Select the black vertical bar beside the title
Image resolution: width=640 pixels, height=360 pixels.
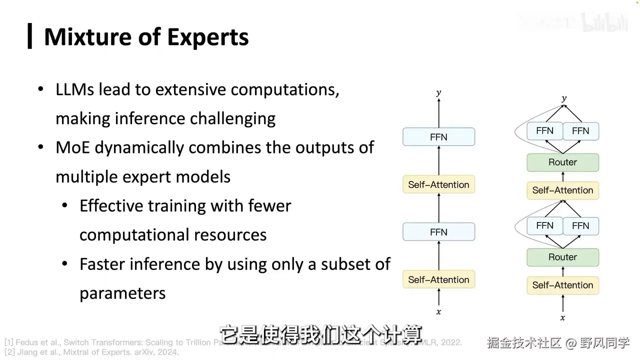[30, 36]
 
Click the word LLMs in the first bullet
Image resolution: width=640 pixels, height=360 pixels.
[74, 89]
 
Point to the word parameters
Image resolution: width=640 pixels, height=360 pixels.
[122, 293]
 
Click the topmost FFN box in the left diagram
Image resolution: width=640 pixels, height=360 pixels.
[438, 137]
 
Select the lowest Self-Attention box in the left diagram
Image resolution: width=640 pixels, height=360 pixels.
[438, 279]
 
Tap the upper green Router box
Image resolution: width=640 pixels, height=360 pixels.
[562, 162]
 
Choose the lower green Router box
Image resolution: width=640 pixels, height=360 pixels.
[562, 257]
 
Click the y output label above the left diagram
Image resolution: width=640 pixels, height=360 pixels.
[438, 93]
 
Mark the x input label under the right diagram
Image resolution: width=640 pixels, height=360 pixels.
[562, 318]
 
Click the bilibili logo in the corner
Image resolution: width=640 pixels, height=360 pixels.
[604, 23]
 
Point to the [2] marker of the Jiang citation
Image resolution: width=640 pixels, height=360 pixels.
[9, 352]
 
